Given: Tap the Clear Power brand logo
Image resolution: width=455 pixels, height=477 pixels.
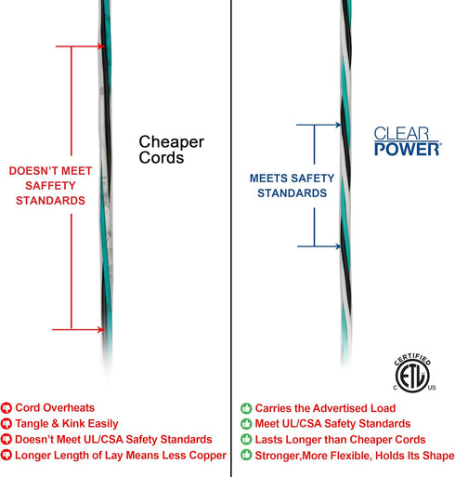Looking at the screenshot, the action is [408, 141].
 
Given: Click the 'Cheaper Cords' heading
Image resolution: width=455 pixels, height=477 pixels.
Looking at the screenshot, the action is [171, 150].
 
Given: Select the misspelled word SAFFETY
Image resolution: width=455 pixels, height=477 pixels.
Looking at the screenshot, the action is [50, 186].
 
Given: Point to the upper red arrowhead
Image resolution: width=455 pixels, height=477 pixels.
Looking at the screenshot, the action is [101, 46].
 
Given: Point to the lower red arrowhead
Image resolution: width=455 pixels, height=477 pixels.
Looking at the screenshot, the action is [100, 329].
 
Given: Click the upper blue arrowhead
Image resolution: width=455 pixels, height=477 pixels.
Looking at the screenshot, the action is [339, 125].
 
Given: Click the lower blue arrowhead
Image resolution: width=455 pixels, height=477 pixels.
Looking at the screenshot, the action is [339, 246].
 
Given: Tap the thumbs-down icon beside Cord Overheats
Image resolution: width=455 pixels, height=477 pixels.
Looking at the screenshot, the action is [6, 408].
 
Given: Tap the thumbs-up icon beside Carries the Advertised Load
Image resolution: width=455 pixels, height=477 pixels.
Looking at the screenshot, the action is [246, 408].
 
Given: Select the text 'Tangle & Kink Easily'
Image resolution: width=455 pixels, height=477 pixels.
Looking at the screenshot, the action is [67, 423].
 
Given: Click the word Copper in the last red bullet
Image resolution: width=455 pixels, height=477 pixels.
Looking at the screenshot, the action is [208, 456].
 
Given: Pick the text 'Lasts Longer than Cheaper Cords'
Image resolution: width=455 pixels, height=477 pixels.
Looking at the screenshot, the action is [340, 440].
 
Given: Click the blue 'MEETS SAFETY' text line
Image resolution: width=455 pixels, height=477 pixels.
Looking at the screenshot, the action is [292, 179].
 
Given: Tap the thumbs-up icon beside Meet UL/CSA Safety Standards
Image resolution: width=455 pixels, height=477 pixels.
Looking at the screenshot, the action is [246, 424].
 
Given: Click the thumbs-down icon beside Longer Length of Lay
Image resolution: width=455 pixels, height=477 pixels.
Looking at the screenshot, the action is [6, 455].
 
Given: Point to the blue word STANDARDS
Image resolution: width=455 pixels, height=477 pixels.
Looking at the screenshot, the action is [292, 193].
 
